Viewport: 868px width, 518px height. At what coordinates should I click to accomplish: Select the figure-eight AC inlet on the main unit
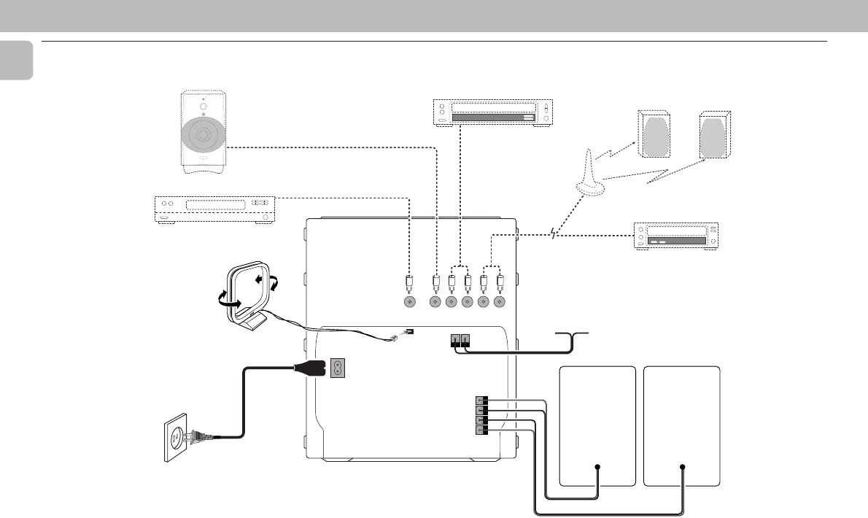(338, 368)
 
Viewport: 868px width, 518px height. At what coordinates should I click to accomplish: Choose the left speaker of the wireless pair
(655, 135)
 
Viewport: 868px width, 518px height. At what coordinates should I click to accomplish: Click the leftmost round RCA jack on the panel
(409, 301)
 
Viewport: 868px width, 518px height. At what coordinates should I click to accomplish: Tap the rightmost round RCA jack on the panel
(500, 301)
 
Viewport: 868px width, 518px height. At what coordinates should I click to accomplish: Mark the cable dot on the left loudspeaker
(597, 467)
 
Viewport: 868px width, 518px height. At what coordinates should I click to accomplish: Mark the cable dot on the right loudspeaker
(682, 467)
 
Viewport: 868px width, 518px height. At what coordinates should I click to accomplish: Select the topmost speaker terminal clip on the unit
(481, 401)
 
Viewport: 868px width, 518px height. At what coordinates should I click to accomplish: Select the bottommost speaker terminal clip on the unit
(481, 430)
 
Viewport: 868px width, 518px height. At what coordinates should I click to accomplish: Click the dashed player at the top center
(494, 113)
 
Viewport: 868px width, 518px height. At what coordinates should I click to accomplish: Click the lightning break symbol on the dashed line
(556, 234)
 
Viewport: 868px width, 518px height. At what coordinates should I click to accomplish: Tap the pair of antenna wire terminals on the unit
(460, 339)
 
